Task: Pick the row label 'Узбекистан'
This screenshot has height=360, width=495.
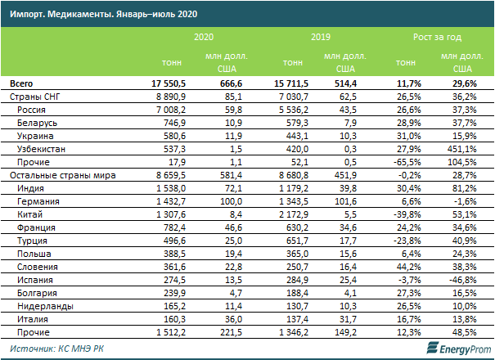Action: click(x=43, y=150)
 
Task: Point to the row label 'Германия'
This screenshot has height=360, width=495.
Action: click(x=39, y=201)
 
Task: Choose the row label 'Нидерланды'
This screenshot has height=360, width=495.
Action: click(x=47, y=305)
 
